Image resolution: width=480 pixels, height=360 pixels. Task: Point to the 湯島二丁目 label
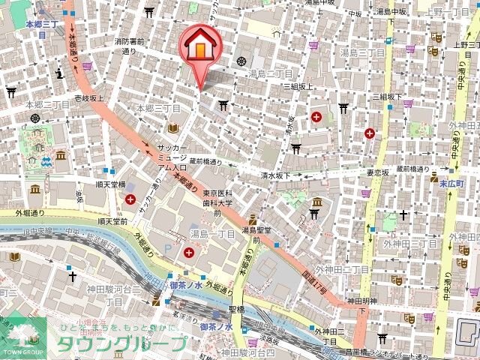click(270, 74)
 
